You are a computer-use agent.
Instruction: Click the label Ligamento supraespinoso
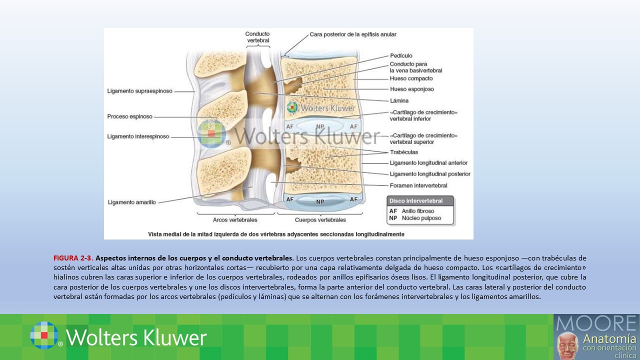(x=139, y=91)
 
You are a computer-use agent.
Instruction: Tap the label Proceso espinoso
(x=129, y=116)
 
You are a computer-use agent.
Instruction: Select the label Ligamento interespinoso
(x=138, y=136)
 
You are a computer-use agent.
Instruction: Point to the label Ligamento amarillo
(x=131, y=202)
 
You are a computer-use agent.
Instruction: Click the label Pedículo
(x=401, y=55)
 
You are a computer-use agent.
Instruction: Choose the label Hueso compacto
(x=411, y=78)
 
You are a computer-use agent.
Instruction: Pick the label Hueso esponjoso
(x=411, y=89)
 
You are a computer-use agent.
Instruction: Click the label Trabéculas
(x=403, y=152)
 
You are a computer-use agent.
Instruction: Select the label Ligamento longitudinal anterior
(x=428, y=163)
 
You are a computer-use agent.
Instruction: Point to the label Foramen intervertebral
(x=418, y=185)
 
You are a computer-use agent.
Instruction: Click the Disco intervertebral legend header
(x=416, y=201)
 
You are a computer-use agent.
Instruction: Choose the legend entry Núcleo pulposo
(x=418, y=218)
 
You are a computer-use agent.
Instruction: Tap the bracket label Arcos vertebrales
(x=235, y=220)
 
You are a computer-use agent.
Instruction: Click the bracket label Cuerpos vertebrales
(x=320, y=220)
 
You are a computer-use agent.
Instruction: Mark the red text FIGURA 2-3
(x=73, y=258)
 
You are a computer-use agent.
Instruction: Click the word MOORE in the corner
(x=596, y=323)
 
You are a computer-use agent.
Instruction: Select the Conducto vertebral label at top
(x=257, y=37)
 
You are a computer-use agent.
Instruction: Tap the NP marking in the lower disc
(x=320, y=202)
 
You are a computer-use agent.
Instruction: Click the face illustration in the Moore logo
(x=567, y=345)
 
